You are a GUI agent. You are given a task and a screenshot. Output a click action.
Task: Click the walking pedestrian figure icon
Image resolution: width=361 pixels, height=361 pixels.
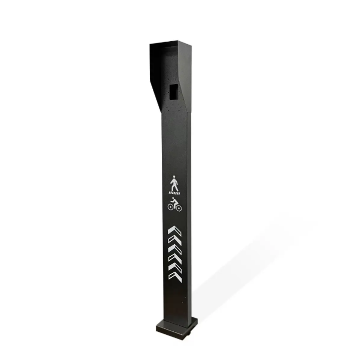tap(174, 183)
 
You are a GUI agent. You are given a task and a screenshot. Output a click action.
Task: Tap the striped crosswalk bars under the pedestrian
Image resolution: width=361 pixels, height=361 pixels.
tap(174, 193)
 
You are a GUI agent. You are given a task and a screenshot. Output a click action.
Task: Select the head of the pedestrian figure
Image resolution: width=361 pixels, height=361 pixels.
tap(174, 177)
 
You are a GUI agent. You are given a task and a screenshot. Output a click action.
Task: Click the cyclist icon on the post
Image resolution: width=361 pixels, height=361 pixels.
tap(174, 204)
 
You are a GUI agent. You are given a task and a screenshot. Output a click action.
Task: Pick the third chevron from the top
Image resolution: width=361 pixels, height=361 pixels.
tap(174, 249)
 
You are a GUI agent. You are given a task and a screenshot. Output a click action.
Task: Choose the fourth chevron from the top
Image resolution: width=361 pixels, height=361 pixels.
tap(174, 258)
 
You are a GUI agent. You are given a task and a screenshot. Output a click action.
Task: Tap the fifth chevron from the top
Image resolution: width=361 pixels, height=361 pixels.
tap(174, 267)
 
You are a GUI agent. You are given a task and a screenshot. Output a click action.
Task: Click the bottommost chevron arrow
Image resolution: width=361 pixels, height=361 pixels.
tap(174, 276)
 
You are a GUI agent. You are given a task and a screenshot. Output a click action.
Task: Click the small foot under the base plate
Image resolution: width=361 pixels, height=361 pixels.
tap(191, 332)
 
